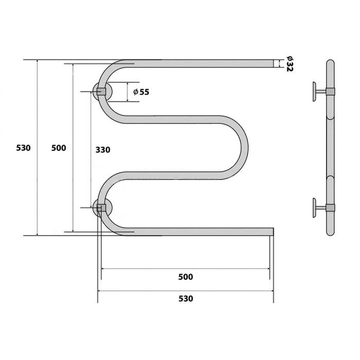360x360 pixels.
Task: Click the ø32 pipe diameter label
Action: (289, 64)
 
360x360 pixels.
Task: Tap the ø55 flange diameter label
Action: (141, 92)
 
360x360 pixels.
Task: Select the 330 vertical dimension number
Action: (103, 150)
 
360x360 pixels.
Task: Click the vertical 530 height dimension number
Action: (23, 148)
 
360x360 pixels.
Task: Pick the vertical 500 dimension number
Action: (59, 148)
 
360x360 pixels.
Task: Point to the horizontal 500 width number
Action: (186, 277)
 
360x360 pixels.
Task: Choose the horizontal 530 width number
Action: (186, 299)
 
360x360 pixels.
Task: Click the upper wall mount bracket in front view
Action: (102, 92)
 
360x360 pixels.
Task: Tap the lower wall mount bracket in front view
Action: (102, 208)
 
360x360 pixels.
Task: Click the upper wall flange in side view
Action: (314, 92)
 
